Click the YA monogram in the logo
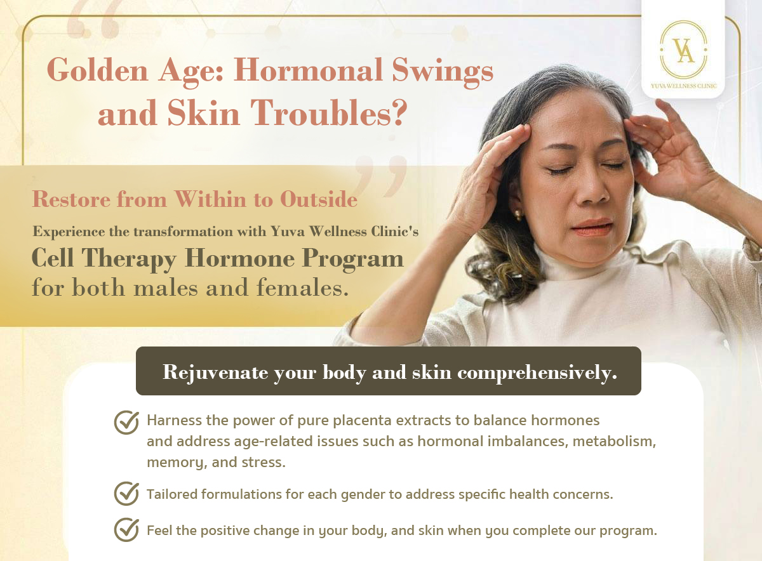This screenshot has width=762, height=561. [685, 50]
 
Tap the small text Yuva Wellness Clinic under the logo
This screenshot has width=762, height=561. [683, 86]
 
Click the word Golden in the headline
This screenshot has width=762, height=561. [98, 70]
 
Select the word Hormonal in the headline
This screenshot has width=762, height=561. [308, 70]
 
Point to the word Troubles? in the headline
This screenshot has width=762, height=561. [329, 113]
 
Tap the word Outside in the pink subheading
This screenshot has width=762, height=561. [319, 199]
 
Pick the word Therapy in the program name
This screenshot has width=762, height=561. [129, 259]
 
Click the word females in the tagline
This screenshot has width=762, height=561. [302, 287]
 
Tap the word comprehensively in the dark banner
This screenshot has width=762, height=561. [537, 373]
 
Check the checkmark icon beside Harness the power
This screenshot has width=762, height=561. [126, 422]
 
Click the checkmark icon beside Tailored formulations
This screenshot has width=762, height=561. [126, 493]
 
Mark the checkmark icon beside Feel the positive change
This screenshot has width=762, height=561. [126, 530]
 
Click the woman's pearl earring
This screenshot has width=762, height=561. [518, 214]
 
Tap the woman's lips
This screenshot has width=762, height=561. [592, 227]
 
